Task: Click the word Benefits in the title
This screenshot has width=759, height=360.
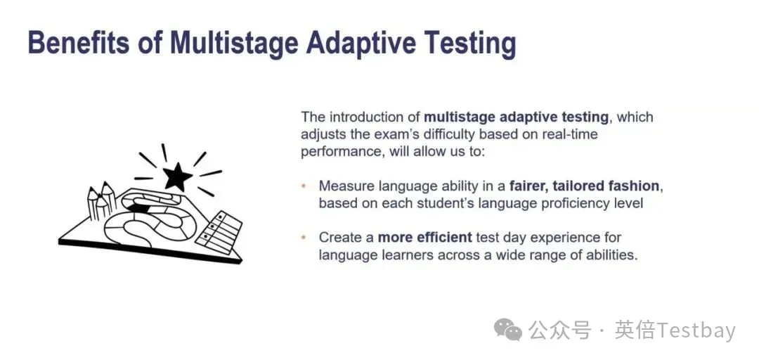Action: point(79,43)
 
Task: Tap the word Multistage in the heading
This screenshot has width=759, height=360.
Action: point(233,43)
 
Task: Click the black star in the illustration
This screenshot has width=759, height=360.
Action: point(177,177)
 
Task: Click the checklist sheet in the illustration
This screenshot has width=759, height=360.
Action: point(219,233)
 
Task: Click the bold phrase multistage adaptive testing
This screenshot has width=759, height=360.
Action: point(516,117)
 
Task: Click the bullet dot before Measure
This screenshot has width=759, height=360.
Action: point(304,186)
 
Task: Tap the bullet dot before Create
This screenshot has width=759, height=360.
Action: point(304,238)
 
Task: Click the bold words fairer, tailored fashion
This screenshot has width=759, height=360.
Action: point(584,186)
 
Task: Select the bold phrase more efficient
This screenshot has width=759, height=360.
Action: point(424,238)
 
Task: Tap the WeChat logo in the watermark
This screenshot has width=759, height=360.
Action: point(508,330)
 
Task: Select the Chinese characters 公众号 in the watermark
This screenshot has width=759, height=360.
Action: point(559,330)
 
